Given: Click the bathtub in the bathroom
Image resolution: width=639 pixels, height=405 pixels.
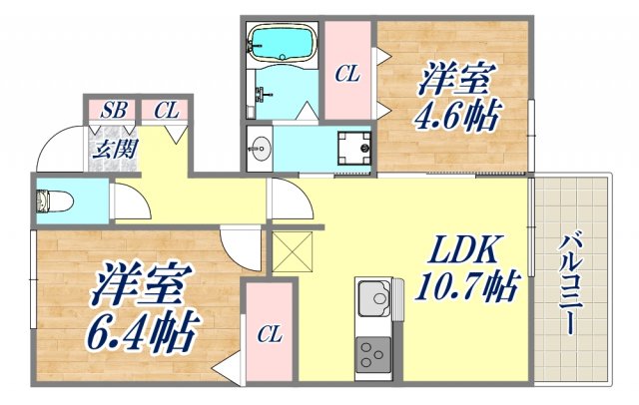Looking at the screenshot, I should pyautogui.click(x=281, y=45).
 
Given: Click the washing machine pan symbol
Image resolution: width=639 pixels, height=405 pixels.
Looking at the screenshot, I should pyautogui.click(x=353, y=148).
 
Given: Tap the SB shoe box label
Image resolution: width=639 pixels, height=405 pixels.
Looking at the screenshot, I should pyautogui.click(x=113, y=110).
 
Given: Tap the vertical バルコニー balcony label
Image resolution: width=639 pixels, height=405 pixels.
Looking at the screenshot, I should pyautogui.click(x=570, y=285).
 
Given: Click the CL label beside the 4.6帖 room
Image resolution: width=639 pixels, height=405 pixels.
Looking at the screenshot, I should pyautogui.click(x=346, y=73).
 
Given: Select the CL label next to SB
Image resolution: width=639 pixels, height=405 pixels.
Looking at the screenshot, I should pyautogui.click(x=166, y=110).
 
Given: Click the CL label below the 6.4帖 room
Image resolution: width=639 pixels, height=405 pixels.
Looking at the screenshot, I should pyautogui.click(x=269, y=334).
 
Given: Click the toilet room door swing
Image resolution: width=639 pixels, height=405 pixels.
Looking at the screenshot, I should pyautogui.click(x=131, y=205).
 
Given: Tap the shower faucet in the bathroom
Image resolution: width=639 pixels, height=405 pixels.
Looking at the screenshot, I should pyautogui.click(x=265, y=94).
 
